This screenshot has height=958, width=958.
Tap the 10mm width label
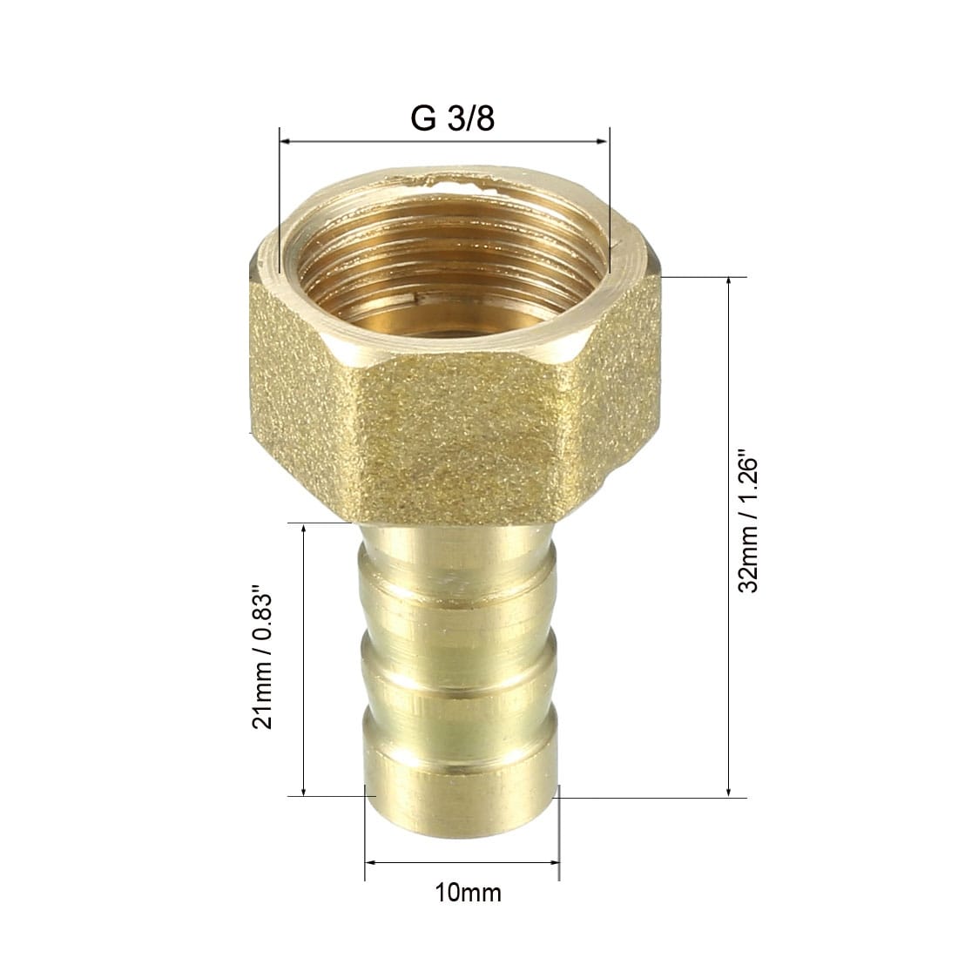pyautogui.click(x=468, y=893)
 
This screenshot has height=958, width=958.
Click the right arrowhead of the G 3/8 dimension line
pyautogui.click(x=603, y=142)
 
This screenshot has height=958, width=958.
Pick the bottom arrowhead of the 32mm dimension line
pyautogui.click(x=728, y=791)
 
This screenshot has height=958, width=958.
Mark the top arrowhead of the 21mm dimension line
pyautogui.click(x=304, y=530)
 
